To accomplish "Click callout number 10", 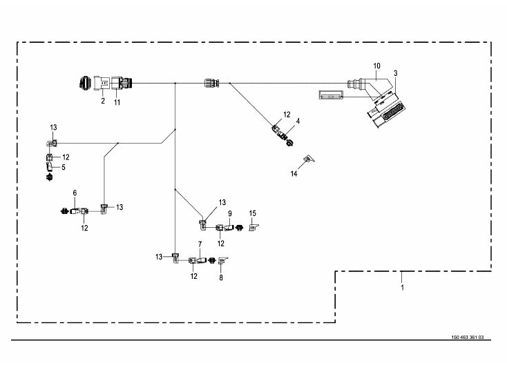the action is [376, 66].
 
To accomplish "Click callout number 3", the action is [396, 74].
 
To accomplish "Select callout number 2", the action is [103, 101].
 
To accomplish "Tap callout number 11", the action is [117, 102].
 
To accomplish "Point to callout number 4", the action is [298, 121].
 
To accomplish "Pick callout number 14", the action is [294, 174].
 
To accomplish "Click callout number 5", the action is [64, 167].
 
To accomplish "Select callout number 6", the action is [75, 193].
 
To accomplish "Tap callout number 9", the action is [230, 214].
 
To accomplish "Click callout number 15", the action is [253, 213].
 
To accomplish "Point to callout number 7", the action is [200, 244].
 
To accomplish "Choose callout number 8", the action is [221, 278].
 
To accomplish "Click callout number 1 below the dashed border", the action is [402, 288].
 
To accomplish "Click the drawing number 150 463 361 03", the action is [468, 338].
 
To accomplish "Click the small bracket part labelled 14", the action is [309, 158].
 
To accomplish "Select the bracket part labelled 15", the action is [254, 228].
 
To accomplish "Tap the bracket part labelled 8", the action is [223, 260].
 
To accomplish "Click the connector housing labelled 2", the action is [102, 83].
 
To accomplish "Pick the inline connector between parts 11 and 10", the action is [211, 83].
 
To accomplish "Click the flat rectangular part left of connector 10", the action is [331, 95].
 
